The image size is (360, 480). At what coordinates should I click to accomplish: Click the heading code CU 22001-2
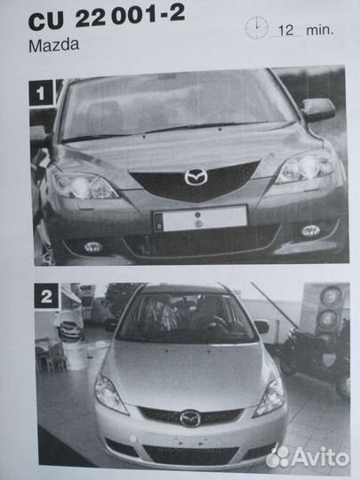[107, 17]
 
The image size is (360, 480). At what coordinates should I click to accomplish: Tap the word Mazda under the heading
[54, 45]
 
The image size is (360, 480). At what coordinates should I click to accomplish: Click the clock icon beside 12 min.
[257, 28]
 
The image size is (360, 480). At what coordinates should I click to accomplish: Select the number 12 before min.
[285, 30]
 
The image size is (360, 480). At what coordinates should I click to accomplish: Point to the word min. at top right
[320, 30]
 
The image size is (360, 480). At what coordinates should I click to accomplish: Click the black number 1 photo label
[41, 92]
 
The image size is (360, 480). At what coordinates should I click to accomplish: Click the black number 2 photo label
[46, 296]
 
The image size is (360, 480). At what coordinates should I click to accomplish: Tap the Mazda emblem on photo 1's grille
[196, 177]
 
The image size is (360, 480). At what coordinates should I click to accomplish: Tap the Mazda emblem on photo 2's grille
[190, 419]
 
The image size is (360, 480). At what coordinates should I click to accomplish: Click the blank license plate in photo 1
[201, 219]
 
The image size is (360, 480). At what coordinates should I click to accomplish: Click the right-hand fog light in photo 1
[310, 230]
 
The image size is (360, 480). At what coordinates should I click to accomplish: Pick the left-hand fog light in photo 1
[93, 247]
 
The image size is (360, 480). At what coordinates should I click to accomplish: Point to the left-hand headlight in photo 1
[84, 185]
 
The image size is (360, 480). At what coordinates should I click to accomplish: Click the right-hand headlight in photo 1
[306, 168]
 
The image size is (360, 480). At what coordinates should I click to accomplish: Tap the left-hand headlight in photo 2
[109, 394]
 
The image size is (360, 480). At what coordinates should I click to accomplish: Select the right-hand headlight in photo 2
[270, 396]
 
